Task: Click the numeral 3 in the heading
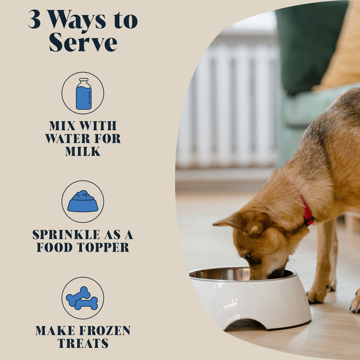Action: click(34, 20)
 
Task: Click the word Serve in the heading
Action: click(83, 42)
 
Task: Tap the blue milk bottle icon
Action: click(83, 94)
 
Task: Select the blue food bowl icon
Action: click(83, 202)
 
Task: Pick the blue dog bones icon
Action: click(82, 298)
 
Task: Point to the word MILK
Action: click(83, 151)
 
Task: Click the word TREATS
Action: click(83, 344)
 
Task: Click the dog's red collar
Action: click(307, 213)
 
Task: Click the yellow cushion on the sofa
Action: click(342, 51)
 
